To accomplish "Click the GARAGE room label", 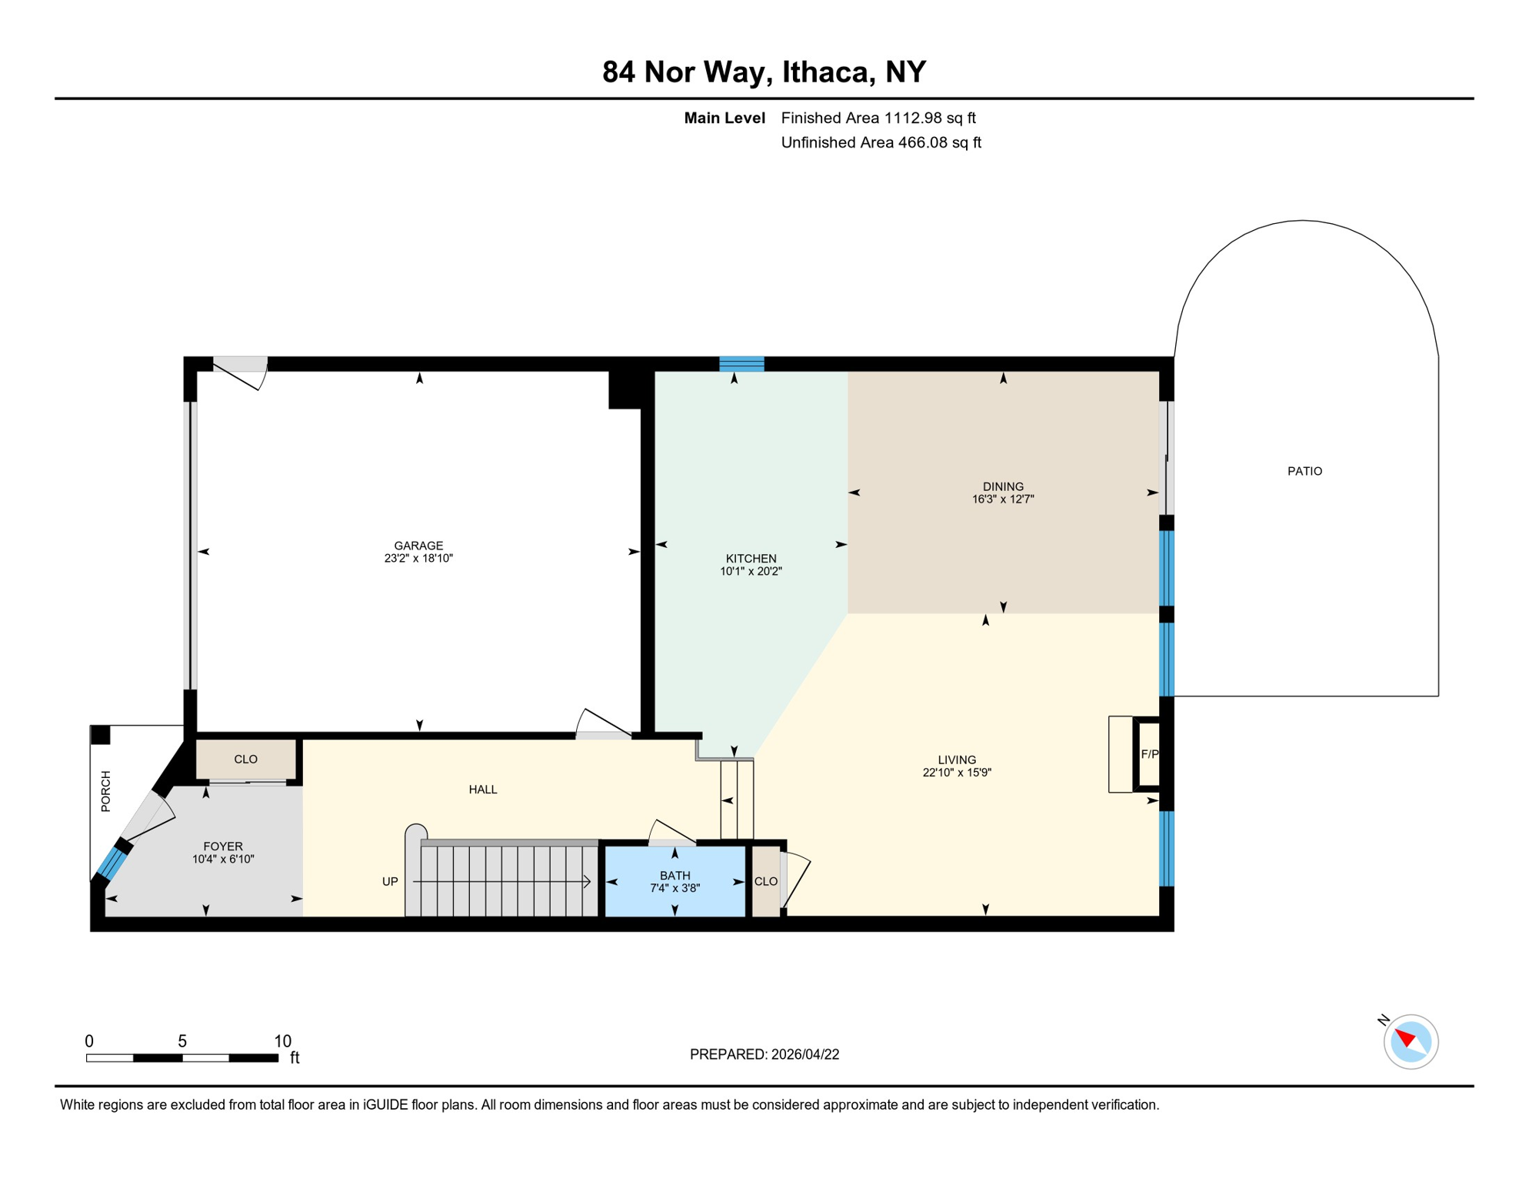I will coord(418,546).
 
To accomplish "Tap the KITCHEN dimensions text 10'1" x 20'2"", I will coord(751,572).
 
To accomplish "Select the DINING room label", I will coord(1002,486).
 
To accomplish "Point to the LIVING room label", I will coord(956,760).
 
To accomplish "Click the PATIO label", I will coord(1304,471).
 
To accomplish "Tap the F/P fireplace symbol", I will coord(1149,754).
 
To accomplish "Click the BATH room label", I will coord(675,875).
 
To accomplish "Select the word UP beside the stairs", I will coord(390,881).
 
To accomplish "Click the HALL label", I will coord(482,790).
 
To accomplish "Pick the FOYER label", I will coord(222,846).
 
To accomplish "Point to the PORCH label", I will coord(106,791).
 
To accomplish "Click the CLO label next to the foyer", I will coord(245,760).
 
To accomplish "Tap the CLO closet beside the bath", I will coord(765,881).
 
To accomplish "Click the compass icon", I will coord(1410,1041).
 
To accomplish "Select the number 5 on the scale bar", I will coord(182,1041).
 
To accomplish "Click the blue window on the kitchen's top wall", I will coord(741,364).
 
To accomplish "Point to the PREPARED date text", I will coord(764,1054).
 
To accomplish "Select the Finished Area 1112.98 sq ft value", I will coord(878,118).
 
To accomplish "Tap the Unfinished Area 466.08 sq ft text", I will coord(881,142).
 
